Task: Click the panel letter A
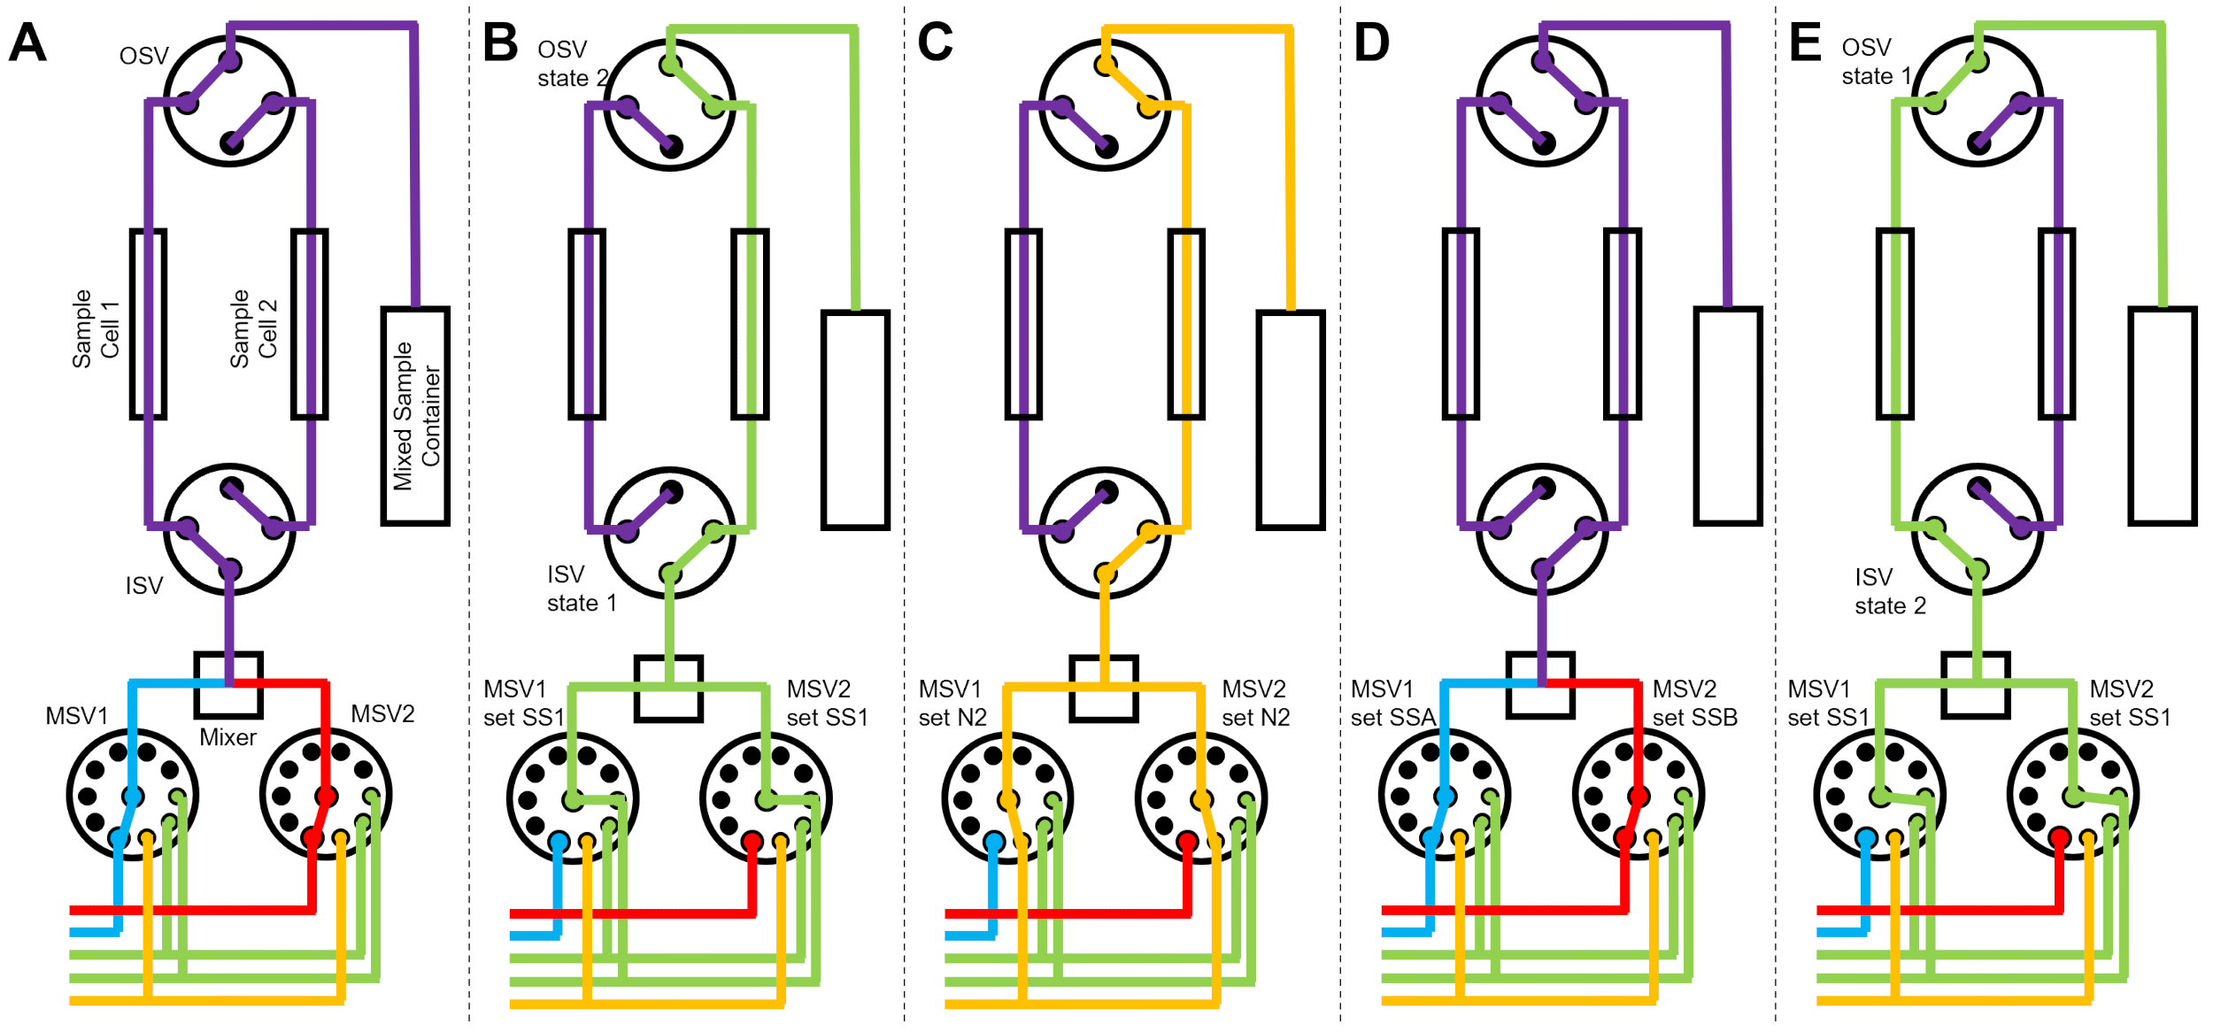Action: click(27, 42)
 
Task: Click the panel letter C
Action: click(935, 42)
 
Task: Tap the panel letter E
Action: click(1805, 42)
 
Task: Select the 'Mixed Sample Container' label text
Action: click(416, 416)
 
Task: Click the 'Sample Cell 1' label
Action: click(95, 328)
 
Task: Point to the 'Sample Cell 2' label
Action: click(253, 328)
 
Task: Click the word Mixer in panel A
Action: click(227, 737)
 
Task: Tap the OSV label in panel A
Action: click(143, 57)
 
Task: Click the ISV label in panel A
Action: click(143, 586)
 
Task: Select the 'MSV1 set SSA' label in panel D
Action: click(1392, 703)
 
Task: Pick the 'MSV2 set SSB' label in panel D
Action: click(1694, 703)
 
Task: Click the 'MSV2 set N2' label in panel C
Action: click(1255, 703)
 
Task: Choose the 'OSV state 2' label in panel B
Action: click(572, 64)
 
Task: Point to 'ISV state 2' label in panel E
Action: click(1890, 591)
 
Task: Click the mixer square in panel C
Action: click(1104, 689)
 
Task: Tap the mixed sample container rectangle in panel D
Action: click(1727, 416)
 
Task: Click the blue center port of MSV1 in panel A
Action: click(133, 796)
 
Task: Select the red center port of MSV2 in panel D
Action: click(1639, 796)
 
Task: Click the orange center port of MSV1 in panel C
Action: click(1007, 800)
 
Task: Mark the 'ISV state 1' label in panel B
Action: click(581, 589)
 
